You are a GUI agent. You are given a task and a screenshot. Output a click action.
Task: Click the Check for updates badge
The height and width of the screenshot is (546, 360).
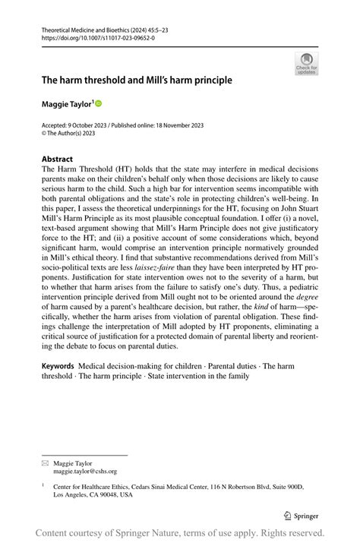click(306, 64)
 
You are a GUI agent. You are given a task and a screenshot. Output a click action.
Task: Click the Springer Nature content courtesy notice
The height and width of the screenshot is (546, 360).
click(180, 532)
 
